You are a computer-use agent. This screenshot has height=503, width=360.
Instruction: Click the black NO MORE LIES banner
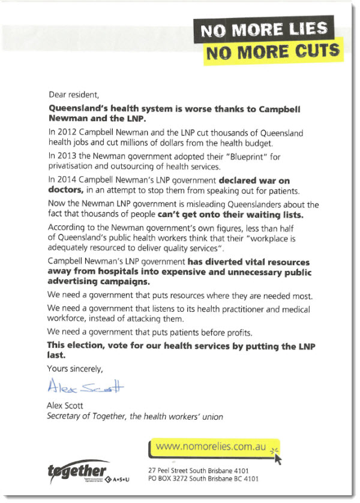point(263,29)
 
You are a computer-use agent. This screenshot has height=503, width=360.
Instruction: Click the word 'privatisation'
point(73,167)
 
